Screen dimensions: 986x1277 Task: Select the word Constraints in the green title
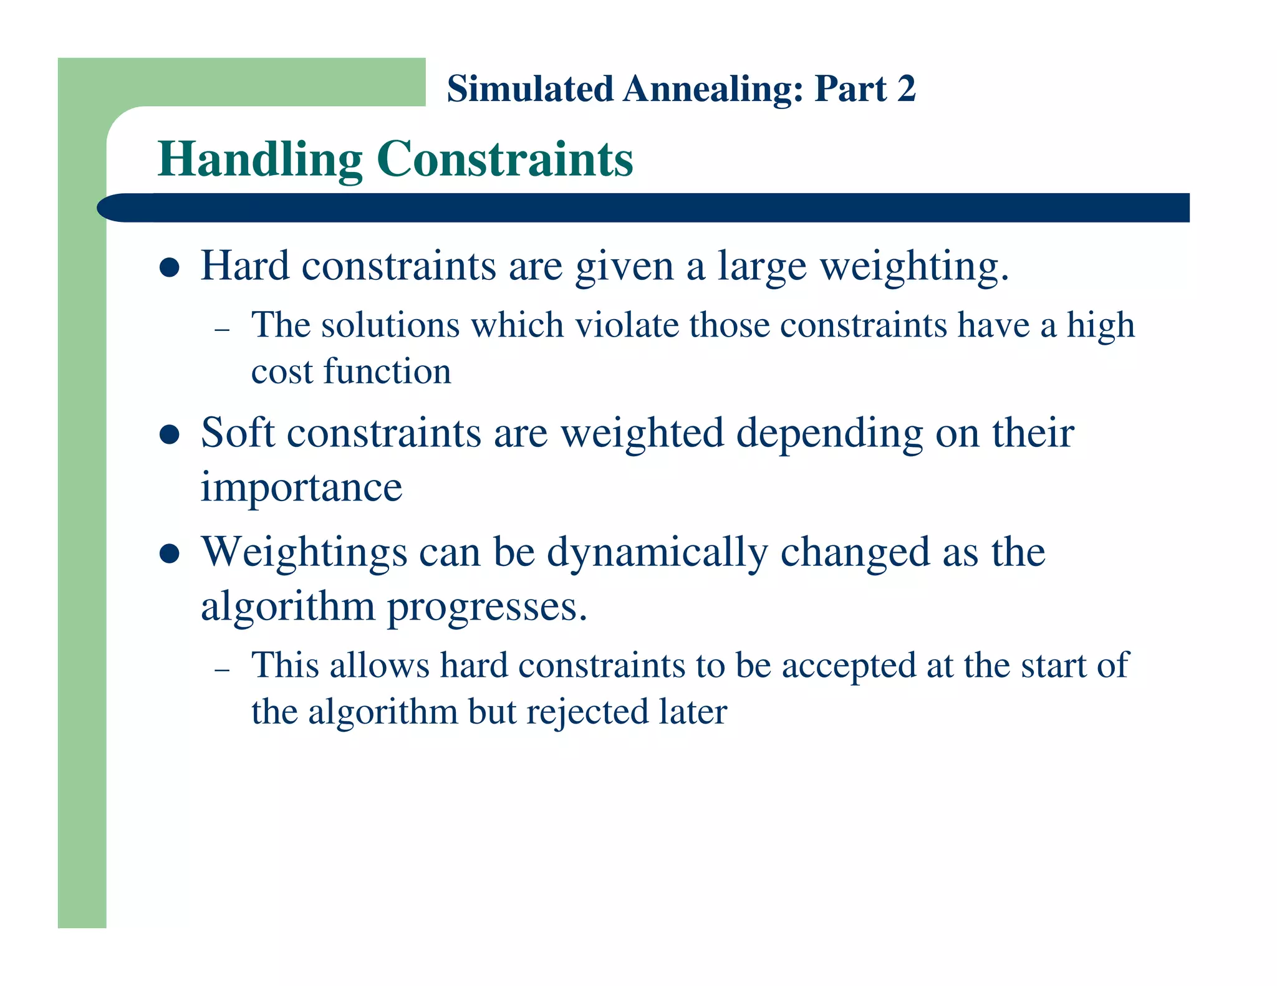pos(505,160)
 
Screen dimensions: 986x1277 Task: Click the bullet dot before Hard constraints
pos(170,268)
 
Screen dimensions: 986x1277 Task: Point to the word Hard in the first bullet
pos(245,266)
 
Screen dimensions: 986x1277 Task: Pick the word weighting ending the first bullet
pos(913,267)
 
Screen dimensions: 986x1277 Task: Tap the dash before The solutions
pos(222,329)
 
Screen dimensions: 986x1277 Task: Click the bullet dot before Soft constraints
pos(170,434)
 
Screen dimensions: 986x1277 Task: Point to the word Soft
pos(238,433)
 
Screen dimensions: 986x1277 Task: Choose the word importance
pos(301,487)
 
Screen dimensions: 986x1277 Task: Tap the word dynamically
pos(657,553)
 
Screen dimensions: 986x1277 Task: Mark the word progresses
pos(487,607)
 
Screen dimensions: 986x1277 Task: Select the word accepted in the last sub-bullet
pos(849,666)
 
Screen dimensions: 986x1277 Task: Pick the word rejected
pos(587,712)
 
